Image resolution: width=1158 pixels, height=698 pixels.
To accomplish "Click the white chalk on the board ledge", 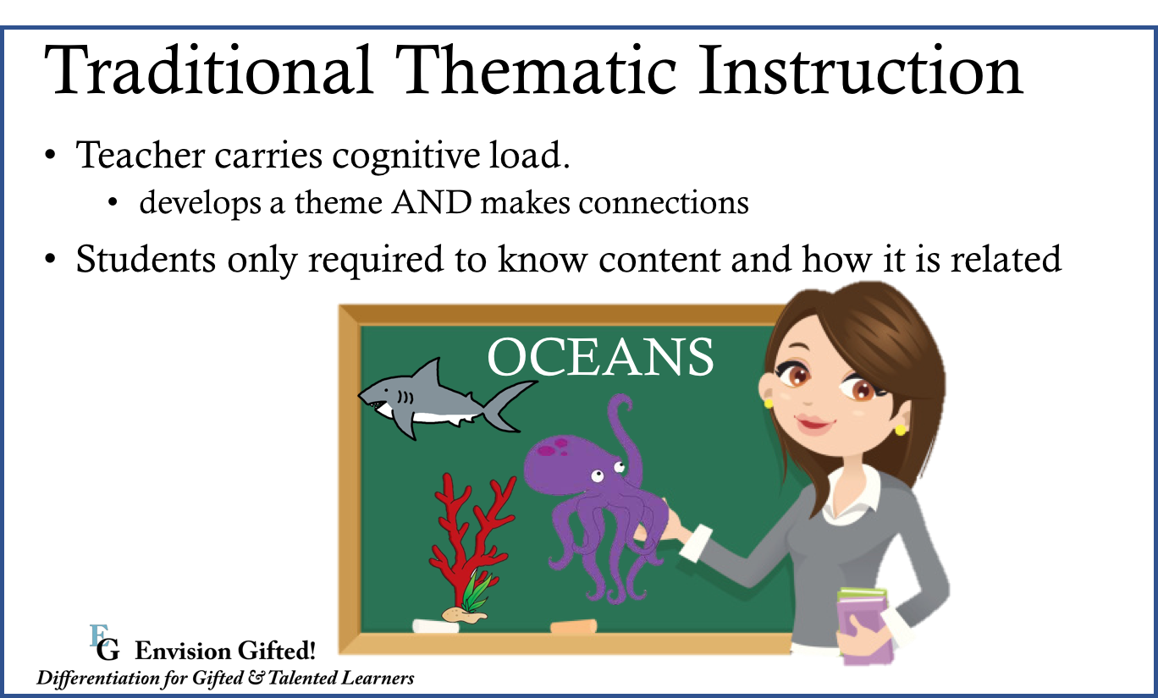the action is (x=435, y=627).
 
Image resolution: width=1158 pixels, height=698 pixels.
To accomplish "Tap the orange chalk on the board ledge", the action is (x=573, y=626).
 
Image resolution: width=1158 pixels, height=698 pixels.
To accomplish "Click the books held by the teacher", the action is (x=863, y=625).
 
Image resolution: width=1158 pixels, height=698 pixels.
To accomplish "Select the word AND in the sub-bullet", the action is (x=432, y=202).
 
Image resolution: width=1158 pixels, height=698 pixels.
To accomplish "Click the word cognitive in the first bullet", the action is (x=405, y=156).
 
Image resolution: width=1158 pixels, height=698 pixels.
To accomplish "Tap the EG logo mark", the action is (x=104, y=642).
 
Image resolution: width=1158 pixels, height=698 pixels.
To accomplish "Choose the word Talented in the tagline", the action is (x=302, y=678).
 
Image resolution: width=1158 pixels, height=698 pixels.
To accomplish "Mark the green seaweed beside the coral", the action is (x=476, y=591).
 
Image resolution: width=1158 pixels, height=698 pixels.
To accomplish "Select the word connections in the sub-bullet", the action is (x=664, y=202).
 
